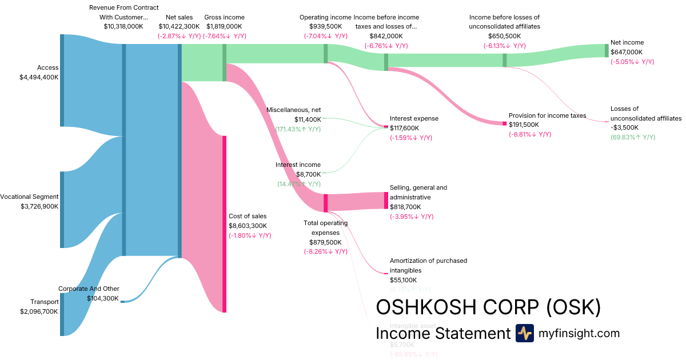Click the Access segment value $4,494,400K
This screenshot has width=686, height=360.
39,77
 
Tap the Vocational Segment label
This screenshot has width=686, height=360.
29,197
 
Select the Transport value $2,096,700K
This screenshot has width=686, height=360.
39,311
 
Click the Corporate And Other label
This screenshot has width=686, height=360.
89,289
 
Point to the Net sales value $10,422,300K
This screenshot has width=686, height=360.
179,26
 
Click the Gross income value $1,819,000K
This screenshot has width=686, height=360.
224,26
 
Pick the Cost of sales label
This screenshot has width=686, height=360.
248,216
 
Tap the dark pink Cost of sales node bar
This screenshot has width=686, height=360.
224,224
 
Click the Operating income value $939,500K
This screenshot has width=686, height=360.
325,26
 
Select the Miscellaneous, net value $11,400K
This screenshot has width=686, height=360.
308,119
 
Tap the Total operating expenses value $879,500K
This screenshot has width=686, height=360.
325,242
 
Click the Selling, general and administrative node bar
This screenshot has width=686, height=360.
386,201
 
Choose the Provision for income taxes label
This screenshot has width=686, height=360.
547,115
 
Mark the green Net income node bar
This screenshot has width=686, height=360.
607,50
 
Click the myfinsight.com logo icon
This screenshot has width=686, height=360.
524,333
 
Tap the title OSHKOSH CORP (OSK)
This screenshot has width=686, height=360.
488,307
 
